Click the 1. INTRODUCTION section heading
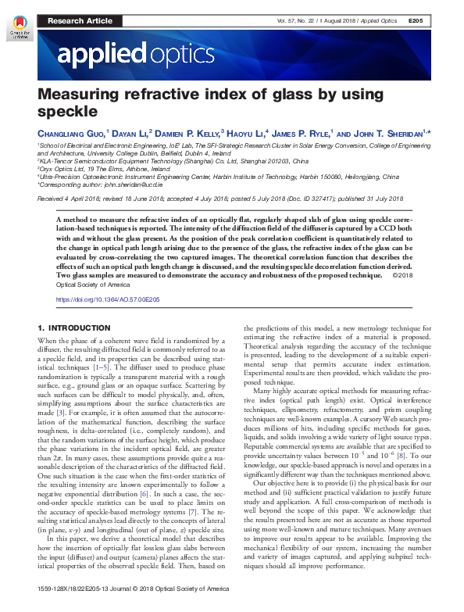[74, 328]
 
